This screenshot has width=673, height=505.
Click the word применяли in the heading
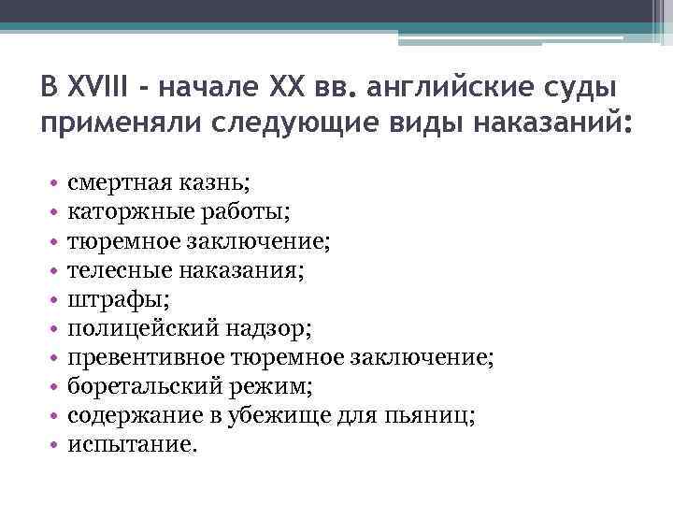click(x=118, y=124)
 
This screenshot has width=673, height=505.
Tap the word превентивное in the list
click(x=136, y=358)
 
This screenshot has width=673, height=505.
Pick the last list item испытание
click(x=131, y=446)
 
